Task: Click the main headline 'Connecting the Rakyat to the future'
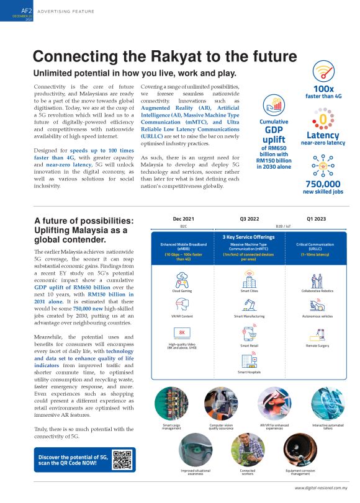point(164,57)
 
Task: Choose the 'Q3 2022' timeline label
point(248,219)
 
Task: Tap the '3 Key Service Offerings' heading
point(248,236)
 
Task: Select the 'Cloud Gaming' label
point(182,290)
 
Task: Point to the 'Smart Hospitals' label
point(249,372)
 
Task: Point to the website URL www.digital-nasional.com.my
point(321,487)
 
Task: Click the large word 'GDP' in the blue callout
point(274,130)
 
